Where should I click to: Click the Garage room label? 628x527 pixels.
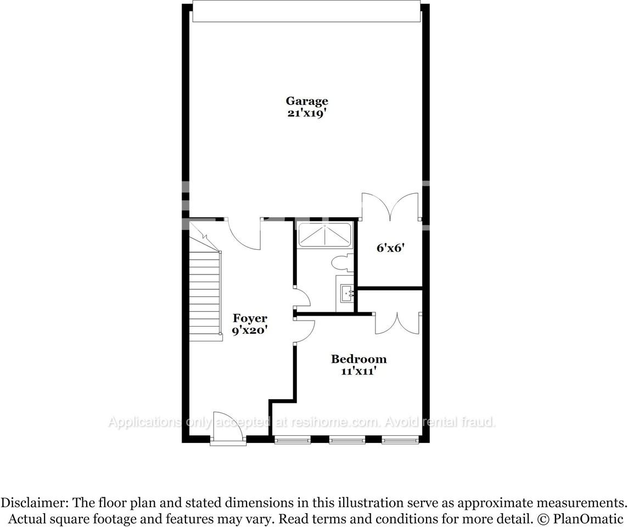[307, 101]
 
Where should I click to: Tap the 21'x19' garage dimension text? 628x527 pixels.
[307, 114]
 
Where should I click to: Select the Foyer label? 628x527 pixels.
[250, 318]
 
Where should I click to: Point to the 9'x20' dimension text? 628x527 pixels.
[250, 330]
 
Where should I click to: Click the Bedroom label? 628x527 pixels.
[358, 360]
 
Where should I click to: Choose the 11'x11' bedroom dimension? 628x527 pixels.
[358, 372]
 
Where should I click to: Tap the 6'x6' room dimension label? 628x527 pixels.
[390, 248]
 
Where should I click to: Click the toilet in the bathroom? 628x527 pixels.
[343, 262]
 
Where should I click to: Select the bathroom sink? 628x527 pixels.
[346, 293]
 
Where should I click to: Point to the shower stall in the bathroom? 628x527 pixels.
[324, 235]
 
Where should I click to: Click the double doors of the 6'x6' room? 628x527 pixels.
[390, 207]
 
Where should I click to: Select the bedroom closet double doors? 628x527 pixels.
[397, 323]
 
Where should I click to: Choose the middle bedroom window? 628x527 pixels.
[347, 439]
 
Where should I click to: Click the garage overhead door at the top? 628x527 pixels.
[306, 12]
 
